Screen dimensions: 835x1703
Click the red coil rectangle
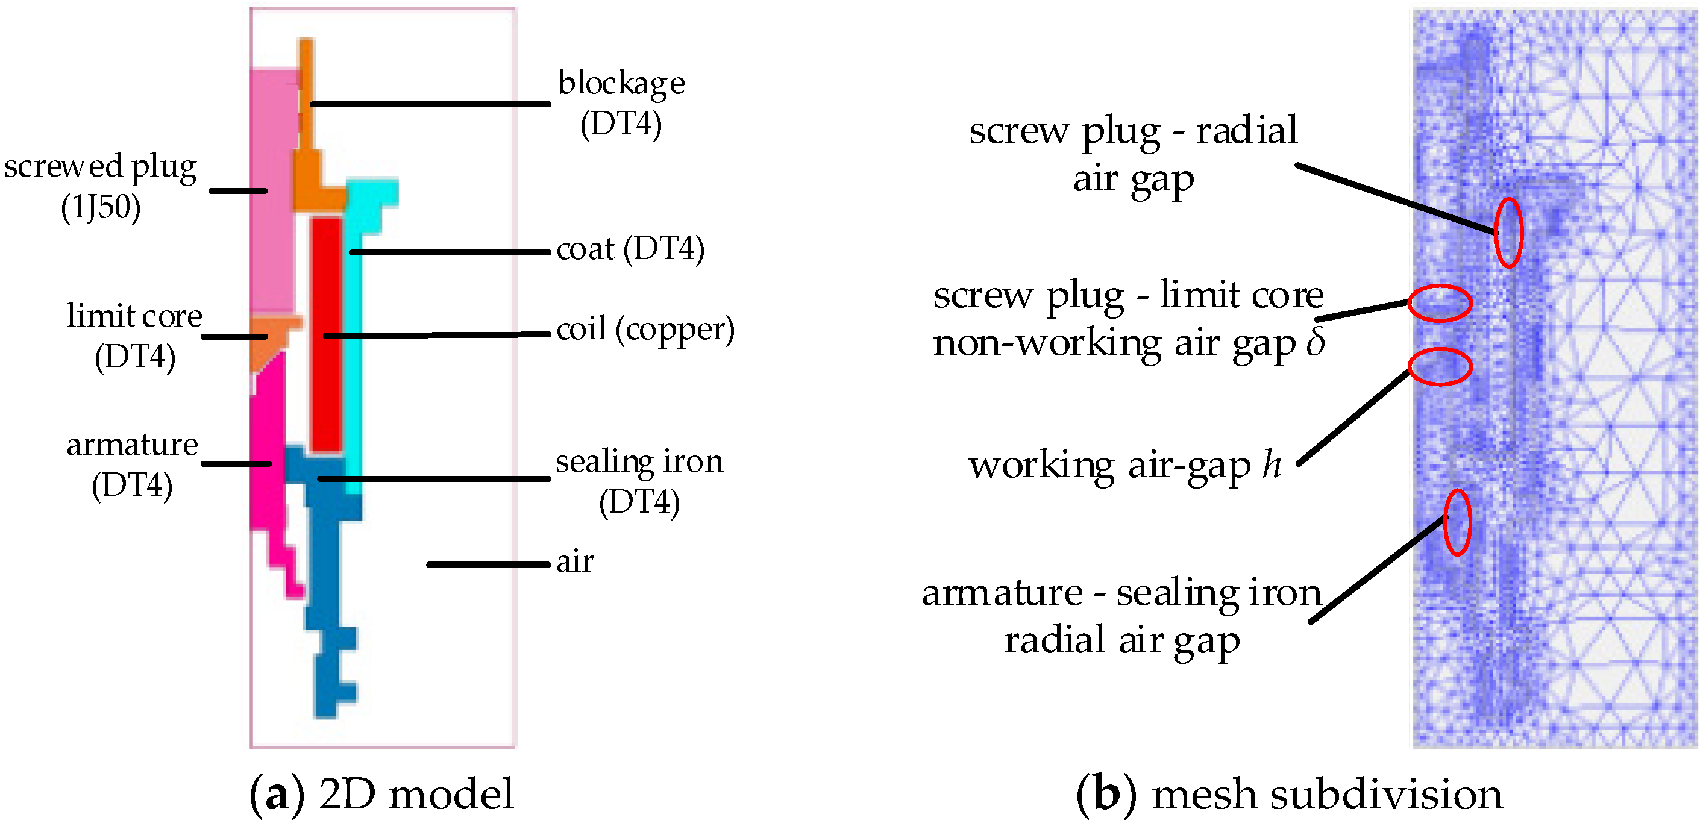(x=326, y=334)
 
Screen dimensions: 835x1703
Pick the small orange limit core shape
(x=271, y=337)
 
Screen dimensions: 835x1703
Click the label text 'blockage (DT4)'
(x=621, y=102)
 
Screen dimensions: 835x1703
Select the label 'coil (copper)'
(x=645, y=328)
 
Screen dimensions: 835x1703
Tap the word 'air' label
(x=574, y=562)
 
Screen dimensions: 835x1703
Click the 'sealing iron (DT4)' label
(x=639, y=481)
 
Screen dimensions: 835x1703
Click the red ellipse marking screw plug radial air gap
(x=1508, y=233)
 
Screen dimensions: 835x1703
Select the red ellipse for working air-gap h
(x=1439, y=366)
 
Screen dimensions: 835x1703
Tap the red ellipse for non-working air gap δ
(x=1439, y=304)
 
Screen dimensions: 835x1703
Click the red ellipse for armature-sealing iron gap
(x=1457, y=522)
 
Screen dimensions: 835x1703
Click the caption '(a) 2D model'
(x=381, y=794)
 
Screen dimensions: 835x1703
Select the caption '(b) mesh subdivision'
(x=1289, y=794)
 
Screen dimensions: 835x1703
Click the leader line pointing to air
(x=488, y=564)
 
